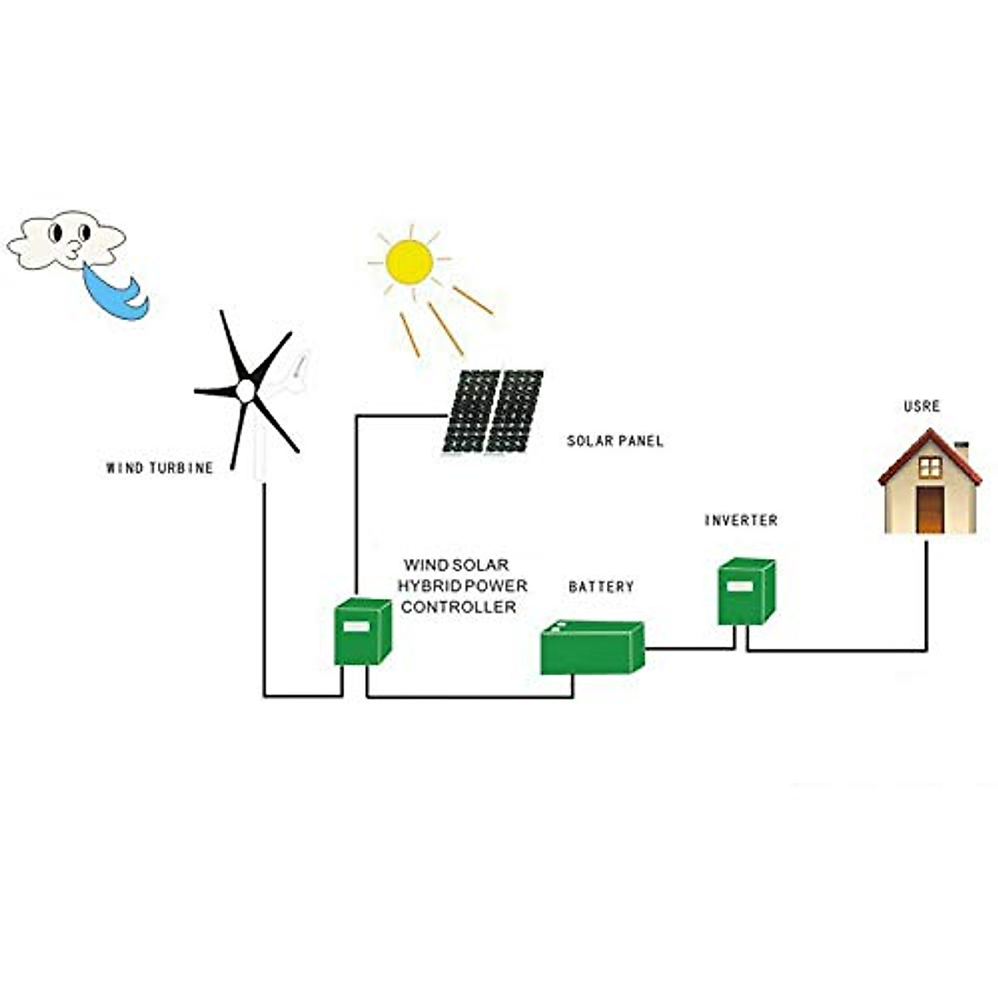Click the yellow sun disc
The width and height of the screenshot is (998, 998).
click(409, 261)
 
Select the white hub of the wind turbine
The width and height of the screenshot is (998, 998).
click(245, 390)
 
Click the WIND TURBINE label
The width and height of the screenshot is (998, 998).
click(160, 468)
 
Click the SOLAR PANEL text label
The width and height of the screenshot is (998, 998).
click(615, 442)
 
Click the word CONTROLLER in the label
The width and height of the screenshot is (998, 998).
click(458, 608)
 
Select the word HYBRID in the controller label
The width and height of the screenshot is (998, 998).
click(428, 586)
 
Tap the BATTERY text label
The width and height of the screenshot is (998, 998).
click(600, 587)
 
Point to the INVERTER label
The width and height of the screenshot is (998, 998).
click(741, 521)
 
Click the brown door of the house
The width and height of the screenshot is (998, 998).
click(930, 509)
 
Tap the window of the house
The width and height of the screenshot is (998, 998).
click(930, 467)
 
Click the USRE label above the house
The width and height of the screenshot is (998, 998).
click(921, 407)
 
